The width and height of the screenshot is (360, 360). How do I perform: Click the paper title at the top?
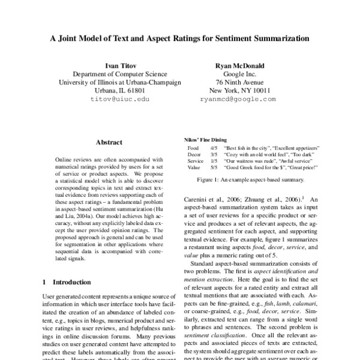179,38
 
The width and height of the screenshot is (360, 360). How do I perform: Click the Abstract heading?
109,142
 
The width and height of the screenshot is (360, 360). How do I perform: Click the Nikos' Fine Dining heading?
203,139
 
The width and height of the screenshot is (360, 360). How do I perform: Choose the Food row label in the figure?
193,148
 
